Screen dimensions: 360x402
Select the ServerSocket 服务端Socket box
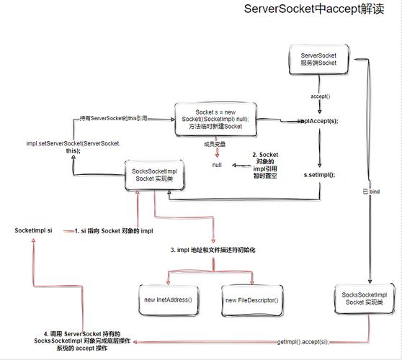(x=318, y=59)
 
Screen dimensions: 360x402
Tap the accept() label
(x=320, y=96)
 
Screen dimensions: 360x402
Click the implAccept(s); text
(x=318, y=121)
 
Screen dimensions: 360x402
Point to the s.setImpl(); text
(x=319, y=174)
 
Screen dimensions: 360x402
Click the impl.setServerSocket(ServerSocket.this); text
(x=73, y=147)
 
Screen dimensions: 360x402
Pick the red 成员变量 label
(x=215, y=144)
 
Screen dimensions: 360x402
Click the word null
(x=217, y=165)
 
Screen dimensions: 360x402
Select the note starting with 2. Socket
(x=264, y=165)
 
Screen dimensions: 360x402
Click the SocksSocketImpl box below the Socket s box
(x=155, y=175)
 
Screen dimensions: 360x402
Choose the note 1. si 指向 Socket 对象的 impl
(x=114, y=230)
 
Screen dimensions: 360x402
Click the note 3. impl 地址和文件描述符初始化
(x=213, y=250)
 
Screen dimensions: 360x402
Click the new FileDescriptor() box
(x=251, y=299)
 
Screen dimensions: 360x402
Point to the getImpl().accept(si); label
(x=303, y=341)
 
